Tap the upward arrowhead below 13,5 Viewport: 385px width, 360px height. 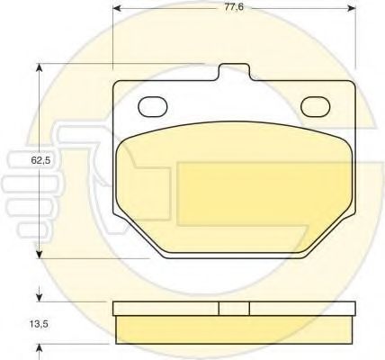coord(39,346)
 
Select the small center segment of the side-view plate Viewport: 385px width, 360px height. coord(234,308)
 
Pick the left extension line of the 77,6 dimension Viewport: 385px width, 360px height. coord(113,36)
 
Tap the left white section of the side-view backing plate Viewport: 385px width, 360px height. coord(166,308)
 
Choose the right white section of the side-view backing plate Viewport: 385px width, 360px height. coord(301,308)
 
